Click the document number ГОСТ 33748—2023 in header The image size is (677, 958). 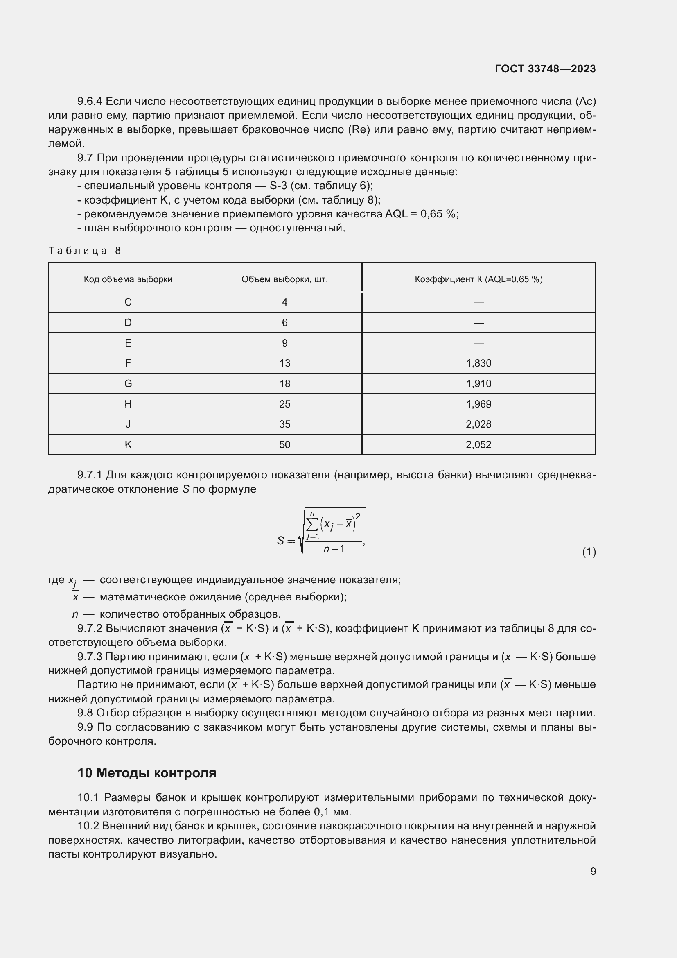(x=545, y=69)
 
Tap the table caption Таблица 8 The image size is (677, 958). (x=85, y=250)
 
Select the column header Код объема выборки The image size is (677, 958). (x=128, y=279)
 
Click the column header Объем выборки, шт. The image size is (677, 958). (x=285, y=279)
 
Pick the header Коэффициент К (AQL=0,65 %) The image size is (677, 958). (x=478, y=279)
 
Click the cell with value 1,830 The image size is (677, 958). (x=478, y=363)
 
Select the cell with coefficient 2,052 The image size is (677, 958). (x=478, y=444)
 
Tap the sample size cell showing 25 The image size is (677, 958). (x=285, y=404)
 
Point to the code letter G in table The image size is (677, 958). (x=128, y=383)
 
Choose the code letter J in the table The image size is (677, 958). (x=128, y=424)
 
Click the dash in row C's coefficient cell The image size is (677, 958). (x=478, y=302)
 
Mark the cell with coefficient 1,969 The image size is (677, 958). (x=478, y=404)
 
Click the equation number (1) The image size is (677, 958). (x=589, y=552)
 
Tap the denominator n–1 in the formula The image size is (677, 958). (x=334, y=549)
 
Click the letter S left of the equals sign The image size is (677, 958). (x=280, y=541)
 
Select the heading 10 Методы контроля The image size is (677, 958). (x=147, y=773)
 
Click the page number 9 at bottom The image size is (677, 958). (x=593, y=871)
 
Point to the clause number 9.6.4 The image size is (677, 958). (x=90, y=102)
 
